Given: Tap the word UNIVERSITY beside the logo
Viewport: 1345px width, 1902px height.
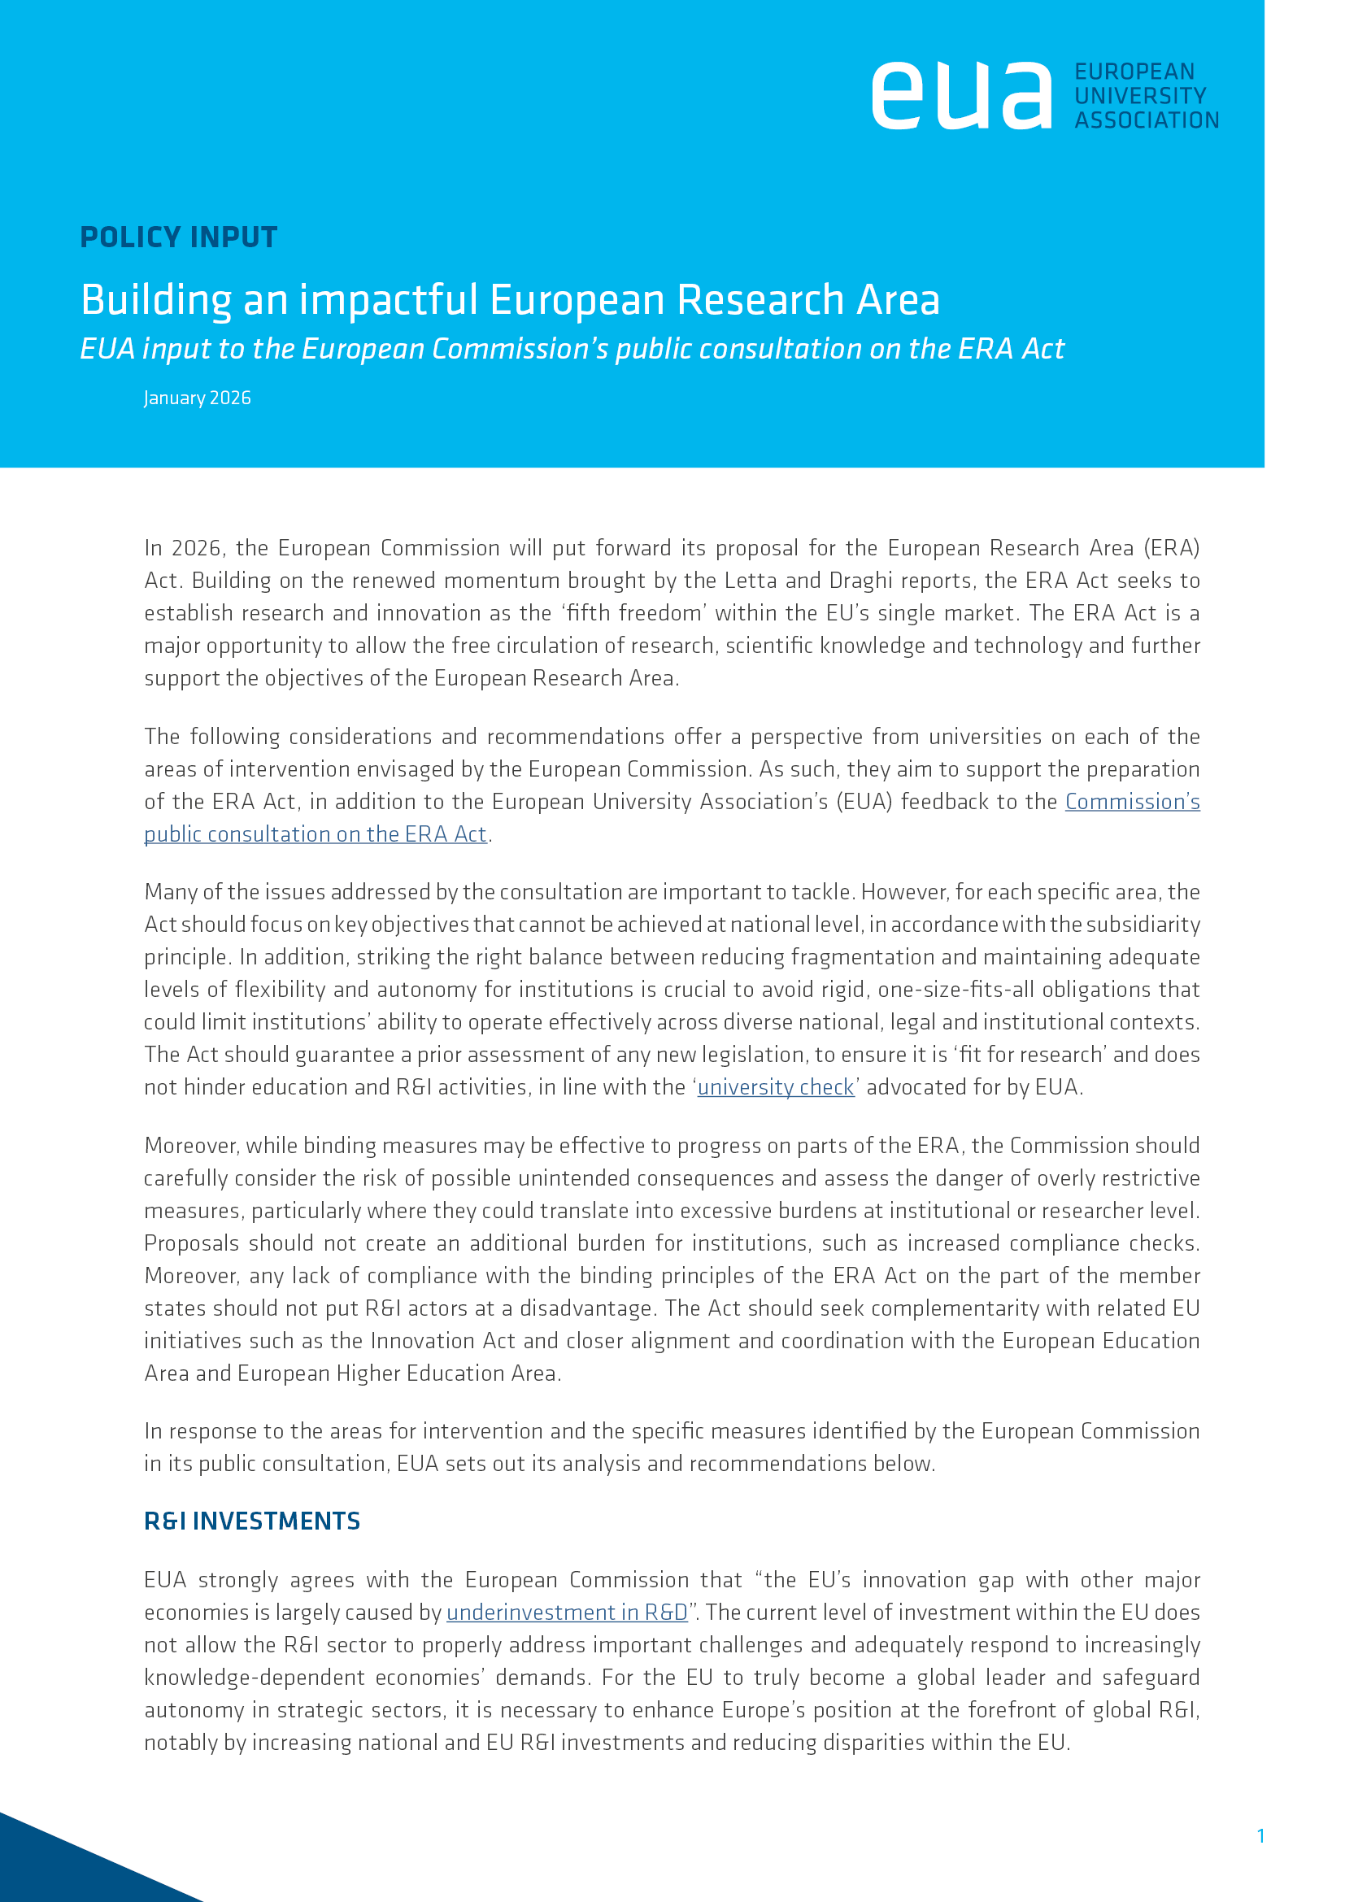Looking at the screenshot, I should (x=1140, y=96).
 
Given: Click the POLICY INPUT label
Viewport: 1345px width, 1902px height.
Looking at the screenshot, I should (x=179, y=237).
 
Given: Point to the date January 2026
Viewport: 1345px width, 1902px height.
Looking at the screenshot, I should (x=197, y=398).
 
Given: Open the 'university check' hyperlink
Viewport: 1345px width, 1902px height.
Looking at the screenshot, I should (x=775, y=1087).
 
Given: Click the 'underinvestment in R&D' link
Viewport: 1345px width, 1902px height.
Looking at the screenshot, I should (x=568, y=1612).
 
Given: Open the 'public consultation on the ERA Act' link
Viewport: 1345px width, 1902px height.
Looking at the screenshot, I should (x=316, y=834).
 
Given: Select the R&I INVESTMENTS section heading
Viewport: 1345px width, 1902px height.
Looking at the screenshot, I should (x=252, y=1521).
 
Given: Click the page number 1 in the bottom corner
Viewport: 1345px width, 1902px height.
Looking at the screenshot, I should (x=1260, y=1836).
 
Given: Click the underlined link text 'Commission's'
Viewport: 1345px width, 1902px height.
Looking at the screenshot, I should (x=1132, y=802).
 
